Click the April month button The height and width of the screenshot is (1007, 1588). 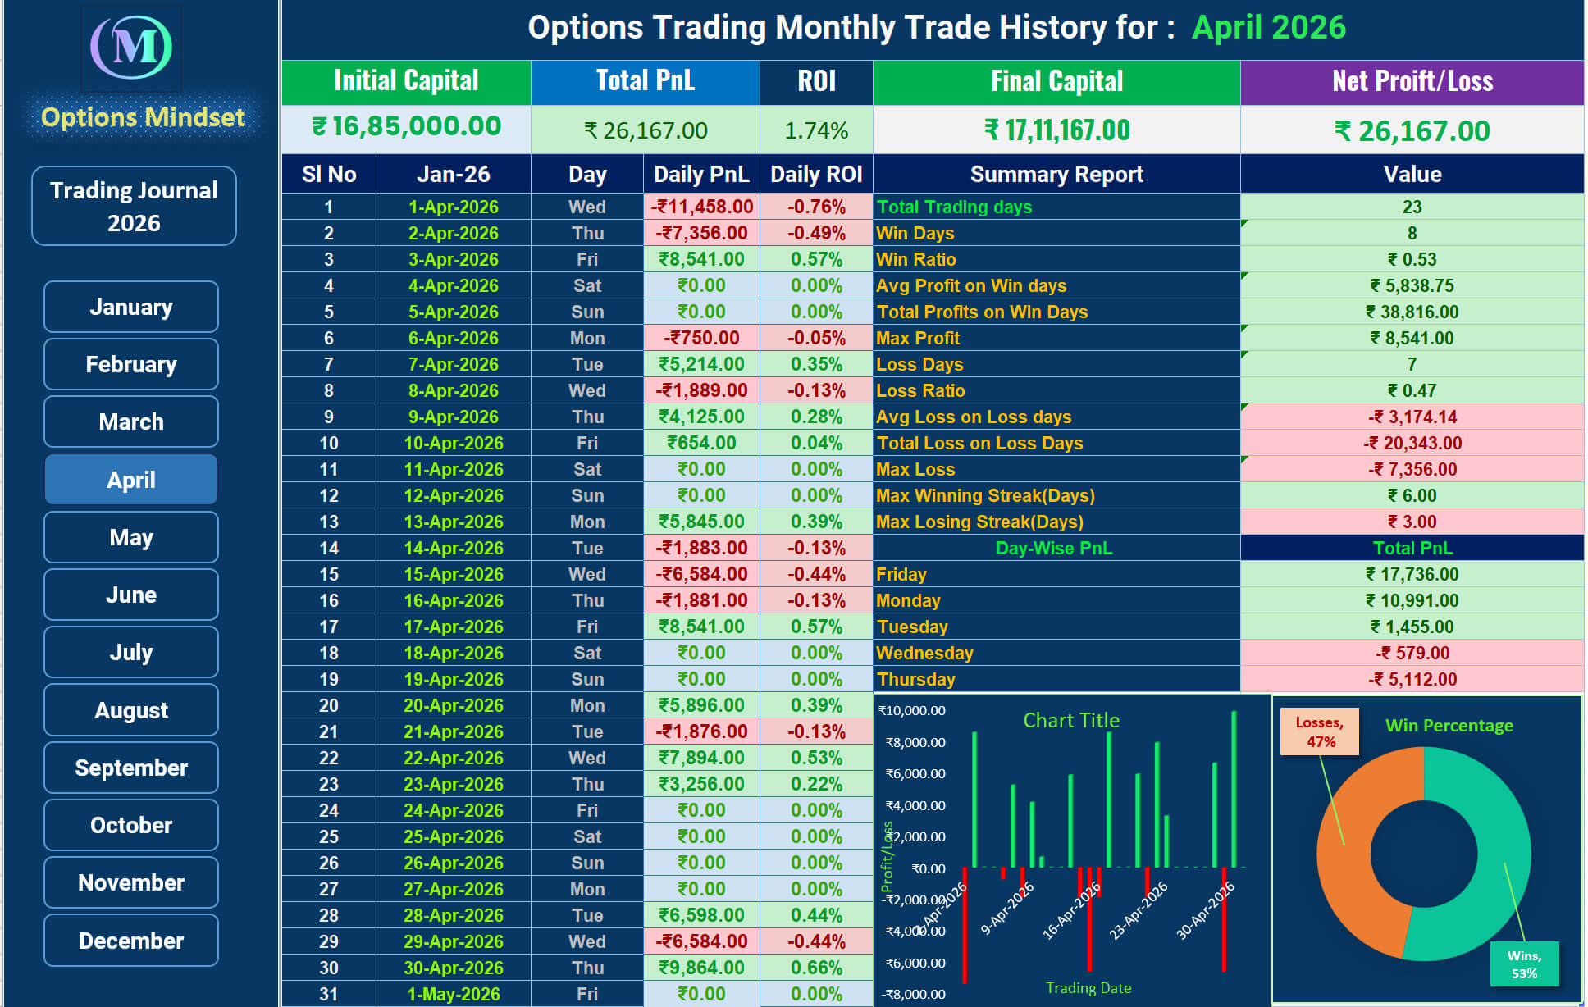tap(131, 480)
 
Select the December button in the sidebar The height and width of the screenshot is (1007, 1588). tap(131, 941)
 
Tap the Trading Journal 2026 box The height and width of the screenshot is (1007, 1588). tap(134, 206)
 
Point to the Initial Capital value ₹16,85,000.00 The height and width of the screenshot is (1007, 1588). tap(406, 127)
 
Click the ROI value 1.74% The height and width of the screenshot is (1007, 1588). tap(816, 130)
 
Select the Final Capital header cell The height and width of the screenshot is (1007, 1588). tap(1056, 81)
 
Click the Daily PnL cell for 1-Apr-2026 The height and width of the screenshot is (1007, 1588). tap(702, 207)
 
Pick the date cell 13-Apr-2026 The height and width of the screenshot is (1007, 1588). tap(453, 522)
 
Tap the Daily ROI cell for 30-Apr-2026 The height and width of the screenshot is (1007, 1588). tap(816, 968)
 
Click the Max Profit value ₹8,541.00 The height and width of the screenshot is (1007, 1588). tap(1412, 338)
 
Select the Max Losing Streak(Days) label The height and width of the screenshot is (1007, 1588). tap(979, 522)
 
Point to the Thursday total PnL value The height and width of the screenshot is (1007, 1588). tap(1412, 679)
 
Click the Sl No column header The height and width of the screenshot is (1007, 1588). tap(329, 174)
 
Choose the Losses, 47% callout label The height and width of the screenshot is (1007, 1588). tap(1319, 731)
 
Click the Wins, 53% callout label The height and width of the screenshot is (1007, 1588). tap(1524, 964)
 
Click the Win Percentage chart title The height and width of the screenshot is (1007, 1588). tap(1449, 726)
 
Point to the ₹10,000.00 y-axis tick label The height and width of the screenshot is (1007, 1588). tap(912, 711)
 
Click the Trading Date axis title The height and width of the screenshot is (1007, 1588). tap(1088, 988)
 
